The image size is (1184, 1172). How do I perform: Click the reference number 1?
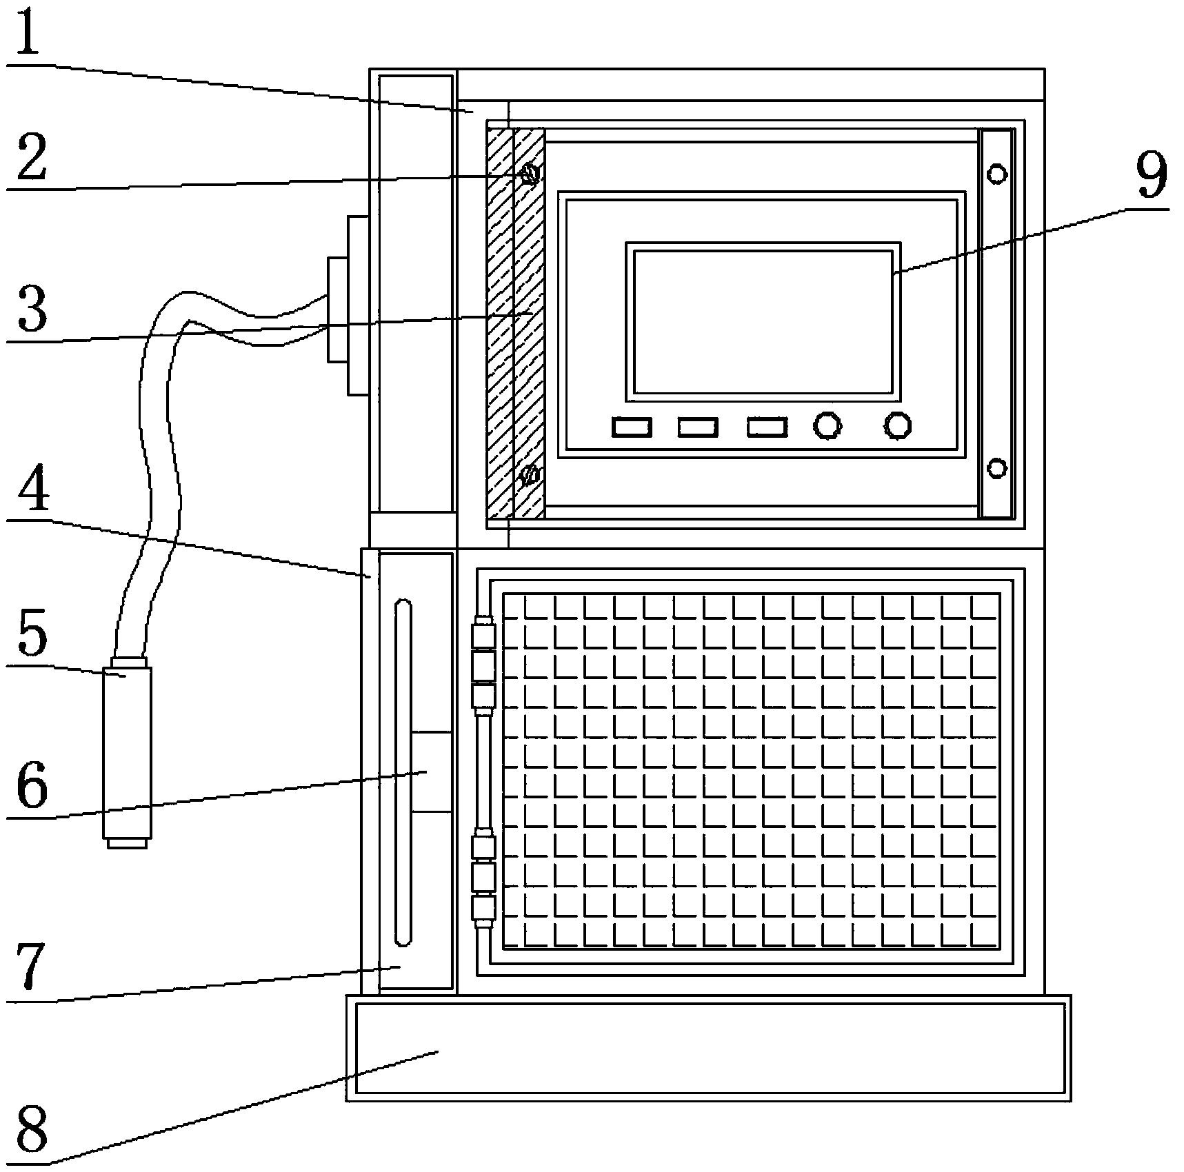pos(28,31)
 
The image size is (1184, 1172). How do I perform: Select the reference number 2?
pos(31,157)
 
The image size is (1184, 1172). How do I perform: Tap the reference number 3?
pos(32,309)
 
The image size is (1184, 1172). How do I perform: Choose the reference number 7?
pos(32,965)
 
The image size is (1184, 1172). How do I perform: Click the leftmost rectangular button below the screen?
pos(632,427)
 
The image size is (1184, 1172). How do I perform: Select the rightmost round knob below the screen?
pos(897,426)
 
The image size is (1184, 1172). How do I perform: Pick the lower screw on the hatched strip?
pos(530,475)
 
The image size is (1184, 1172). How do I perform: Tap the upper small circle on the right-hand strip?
pos(997,174)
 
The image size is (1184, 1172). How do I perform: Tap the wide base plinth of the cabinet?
pos(709,1048)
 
